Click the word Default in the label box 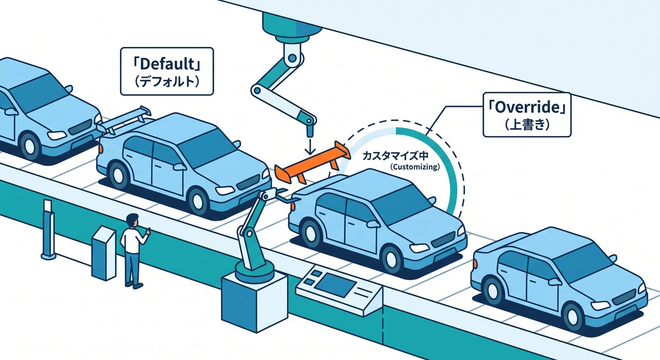pos(167,64)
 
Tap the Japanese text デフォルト pos(167,81)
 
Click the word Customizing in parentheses pos(415,167)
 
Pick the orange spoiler pos(312,163)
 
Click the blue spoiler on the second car pos(124,120)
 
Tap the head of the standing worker pos(132,220)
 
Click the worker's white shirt pos(132,240)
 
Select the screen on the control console pos(335,284)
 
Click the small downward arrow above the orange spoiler pos(310,146)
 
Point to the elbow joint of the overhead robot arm pos(257,90)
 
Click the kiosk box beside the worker pos(104,253)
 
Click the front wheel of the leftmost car pos(30,146)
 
